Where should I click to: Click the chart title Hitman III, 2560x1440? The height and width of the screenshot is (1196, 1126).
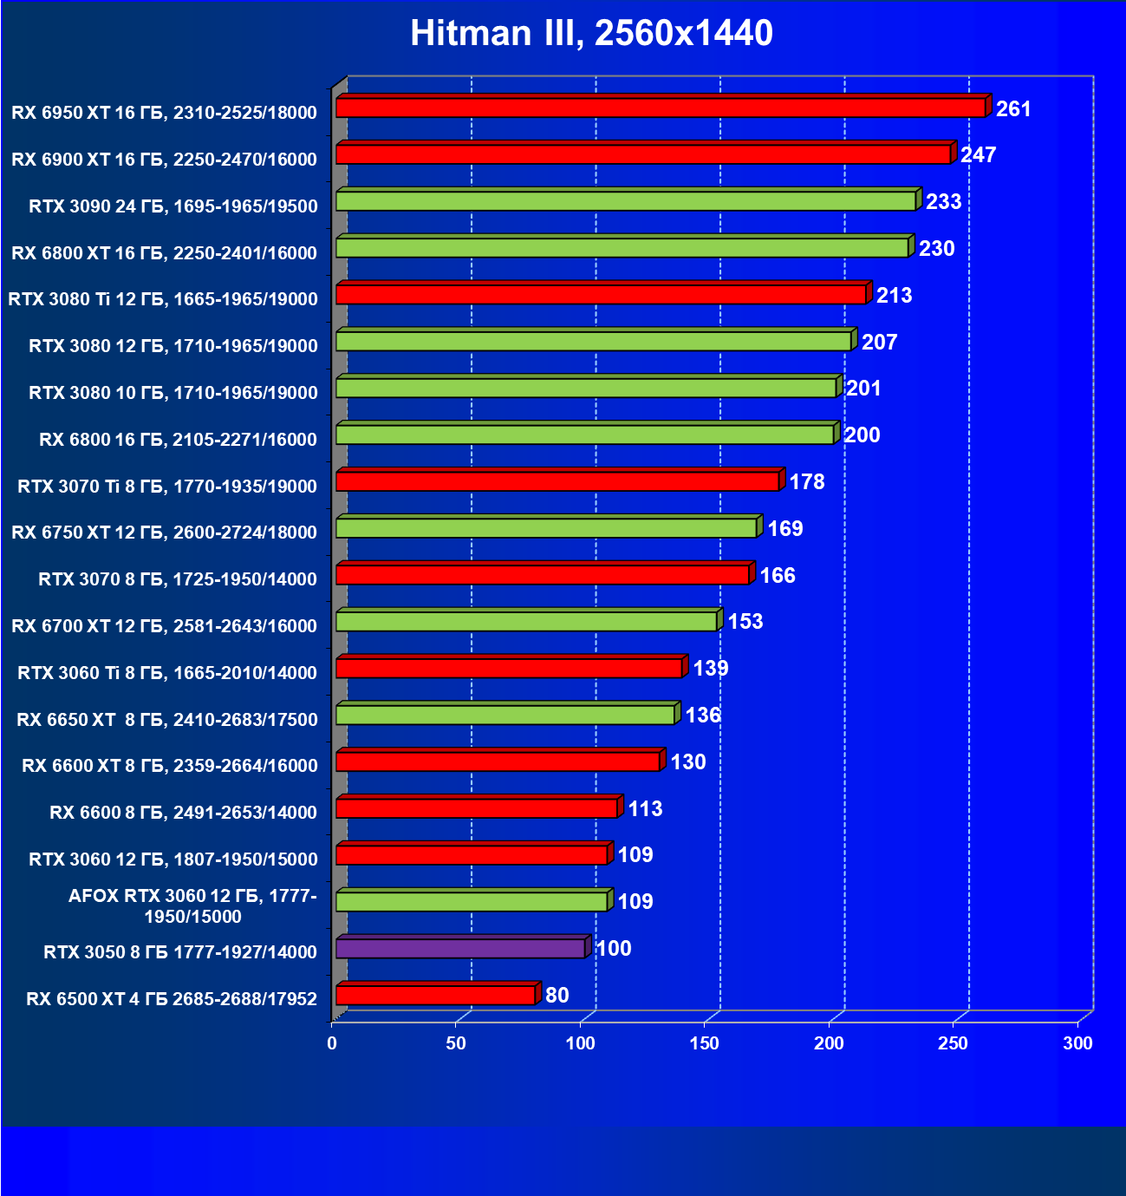pos(591,33)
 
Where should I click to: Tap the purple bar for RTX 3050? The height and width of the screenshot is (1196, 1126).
pos(460,948)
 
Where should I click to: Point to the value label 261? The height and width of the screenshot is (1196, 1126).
pos(1013,109)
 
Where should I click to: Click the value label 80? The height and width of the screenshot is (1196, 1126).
pos(557,995)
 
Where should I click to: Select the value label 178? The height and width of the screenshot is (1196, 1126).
pos(807,482)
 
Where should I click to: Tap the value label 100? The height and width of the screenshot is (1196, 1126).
pos(614,949)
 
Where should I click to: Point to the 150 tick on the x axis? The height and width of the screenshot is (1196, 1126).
pos(705,1043)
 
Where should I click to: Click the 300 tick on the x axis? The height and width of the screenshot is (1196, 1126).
pos(1077,1043)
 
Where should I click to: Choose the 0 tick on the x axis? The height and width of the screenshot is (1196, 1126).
pos(332,1043)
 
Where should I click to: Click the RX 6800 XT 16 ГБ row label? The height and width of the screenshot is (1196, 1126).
pos(165,253)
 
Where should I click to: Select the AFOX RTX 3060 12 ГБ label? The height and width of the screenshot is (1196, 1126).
pos(192,906)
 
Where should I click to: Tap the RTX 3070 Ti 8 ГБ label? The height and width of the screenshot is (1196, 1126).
pos(167,487)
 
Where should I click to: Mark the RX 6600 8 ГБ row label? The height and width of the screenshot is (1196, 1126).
pos(183,813)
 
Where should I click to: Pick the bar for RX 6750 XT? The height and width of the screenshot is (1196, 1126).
pos(546,527)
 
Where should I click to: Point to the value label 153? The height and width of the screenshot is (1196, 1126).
pos(745,622)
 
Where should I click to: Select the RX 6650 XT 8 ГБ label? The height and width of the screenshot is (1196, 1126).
pos(167,720)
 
